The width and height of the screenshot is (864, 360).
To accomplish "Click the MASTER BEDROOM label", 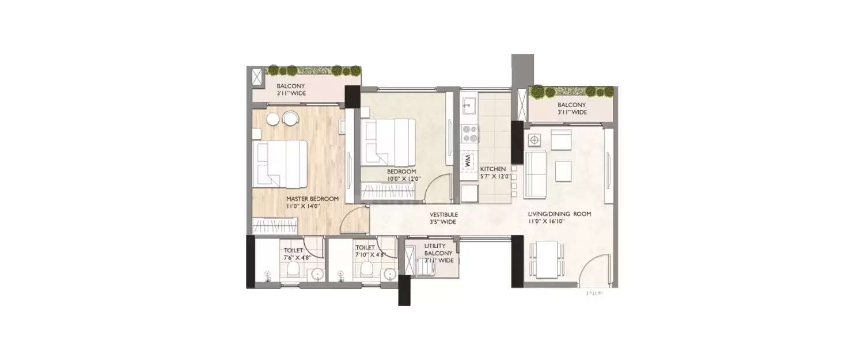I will [x=313, y=199].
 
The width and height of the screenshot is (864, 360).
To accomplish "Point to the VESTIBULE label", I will [x=444, y=214].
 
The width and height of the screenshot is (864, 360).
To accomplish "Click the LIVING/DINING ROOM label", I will [x=560, y=214].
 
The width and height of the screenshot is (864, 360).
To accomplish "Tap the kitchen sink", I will [x=469, y=105].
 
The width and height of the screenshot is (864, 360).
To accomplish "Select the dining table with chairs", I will [x=544, y=257].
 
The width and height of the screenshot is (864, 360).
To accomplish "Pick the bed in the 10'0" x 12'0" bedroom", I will [x=388, y=141].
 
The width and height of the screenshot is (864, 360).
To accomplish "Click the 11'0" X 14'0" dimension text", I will [x=304, y=206].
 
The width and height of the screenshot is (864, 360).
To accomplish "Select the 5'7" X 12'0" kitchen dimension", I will [x=495, y=176].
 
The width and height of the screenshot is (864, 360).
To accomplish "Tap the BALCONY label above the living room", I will [x=572, y=105].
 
